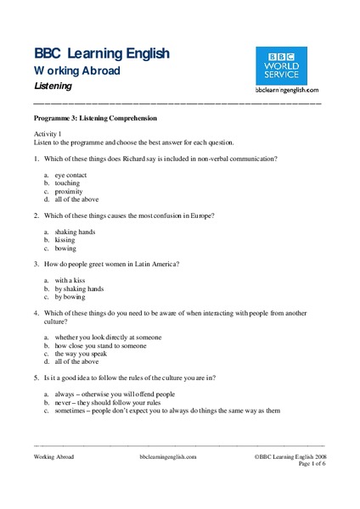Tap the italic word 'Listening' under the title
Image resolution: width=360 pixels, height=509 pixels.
pyautogui.click(x=53, y=87)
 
